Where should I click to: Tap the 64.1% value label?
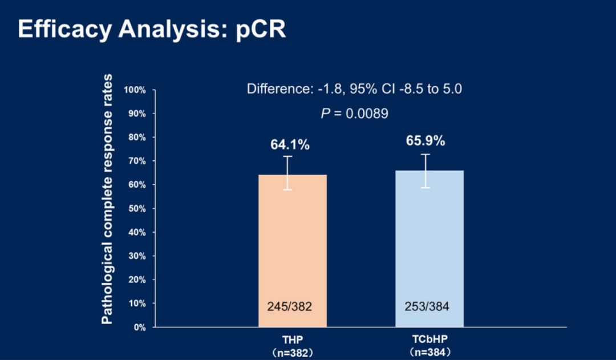pyautogui.click(x=290, y=145)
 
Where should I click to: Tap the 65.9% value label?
pyautogui.click(x=425, y=141)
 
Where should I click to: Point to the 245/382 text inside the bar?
pyautogui.click(x=290, y=306)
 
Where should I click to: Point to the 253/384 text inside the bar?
pyautogui.click(x=426, y=306)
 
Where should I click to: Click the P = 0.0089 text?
pyautogui.click(x=354, y=114)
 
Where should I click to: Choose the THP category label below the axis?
pyautogui.click(x=292, y=338)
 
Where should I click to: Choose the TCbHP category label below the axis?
pyautogui.click(x=429, y=338)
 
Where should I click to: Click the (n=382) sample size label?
pyautogui.click(x=292, y=351)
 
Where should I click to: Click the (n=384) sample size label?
pyautogui.click(x=429, y=351)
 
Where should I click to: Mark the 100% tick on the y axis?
pyautogui.click(x=136, y=90)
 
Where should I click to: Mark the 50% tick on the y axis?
pyautogui.click(x=137, y=209)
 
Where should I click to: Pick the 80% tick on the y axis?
pyautogui.click(x=137, y=137)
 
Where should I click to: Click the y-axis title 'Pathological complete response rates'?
pyautogui.click(x=107, y=199)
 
